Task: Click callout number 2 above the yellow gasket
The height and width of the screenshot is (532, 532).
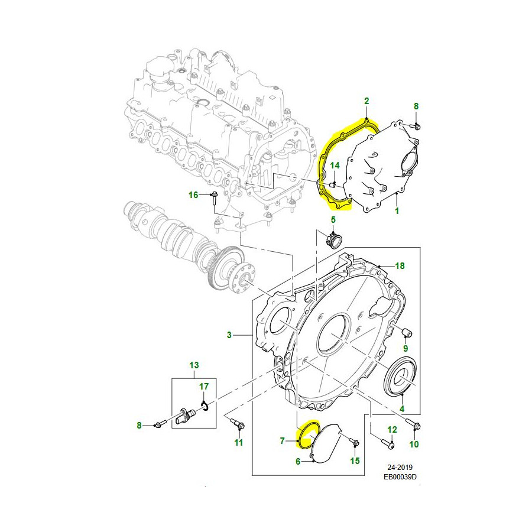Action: click(x=366, y=102)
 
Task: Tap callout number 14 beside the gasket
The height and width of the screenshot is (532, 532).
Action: click(x=334, y=166)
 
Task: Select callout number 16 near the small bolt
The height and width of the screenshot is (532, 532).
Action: click(x=194, y=195)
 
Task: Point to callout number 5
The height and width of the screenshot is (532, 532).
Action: click(x=333, y=220)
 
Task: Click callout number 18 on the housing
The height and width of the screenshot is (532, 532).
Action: click(x=400, y=266)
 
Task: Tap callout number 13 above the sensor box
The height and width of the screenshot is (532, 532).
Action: click(x=194, y=365)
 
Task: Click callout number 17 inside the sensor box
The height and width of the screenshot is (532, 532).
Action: click(x=204, y=387)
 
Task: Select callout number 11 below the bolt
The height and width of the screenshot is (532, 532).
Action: click(x=239, y=442)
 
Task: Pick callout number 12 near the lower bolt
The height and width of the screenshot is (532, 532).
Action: click(x=391, y=430)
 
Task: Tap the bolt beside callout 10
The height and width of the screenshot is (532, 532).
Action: click(x=412, y=424)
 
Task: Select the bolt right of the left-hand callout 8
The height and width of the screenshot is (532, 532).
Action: click(x=160, y=424)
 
